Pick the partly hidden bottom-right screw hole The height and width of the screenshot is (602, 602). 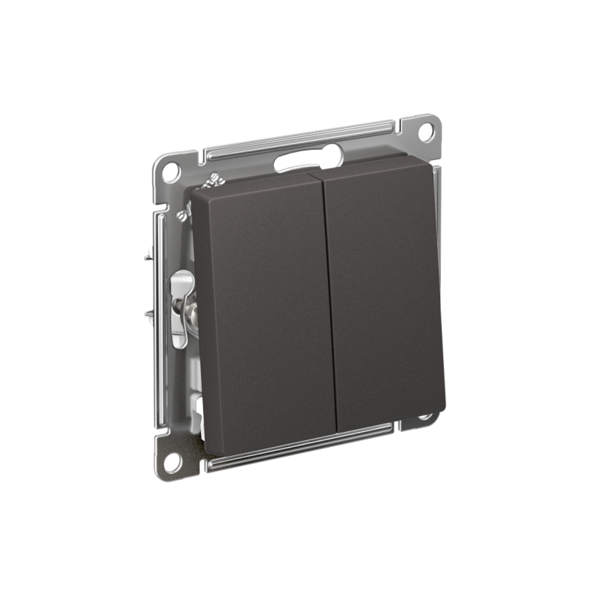[x=426, y=415]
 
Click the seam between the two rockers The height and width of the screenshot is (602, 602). [x=329, y=301]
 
